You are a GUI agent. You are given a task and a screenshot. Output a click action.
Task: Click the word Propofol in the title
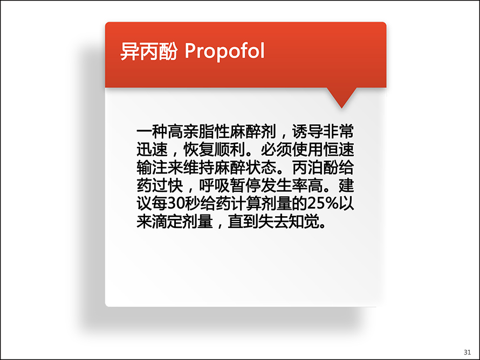pos(224,51)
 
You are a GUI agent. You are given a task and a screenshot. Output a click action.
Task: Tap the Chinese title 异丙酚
pos(149,51)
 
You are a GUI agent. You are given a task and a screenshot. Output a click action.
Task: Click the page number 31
pos(467,352)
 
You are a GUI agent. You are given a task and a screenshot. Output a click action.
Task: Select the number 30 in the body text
pos(175,203)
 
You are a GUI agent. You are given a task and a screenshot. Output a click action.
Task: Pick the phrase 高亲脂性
pos(198,131)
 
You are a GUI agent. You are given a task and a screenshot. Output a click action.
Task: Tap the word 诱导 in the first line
pos(307,131)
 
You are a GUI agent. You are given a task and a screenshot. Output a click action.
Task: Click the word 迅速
pos(152,150)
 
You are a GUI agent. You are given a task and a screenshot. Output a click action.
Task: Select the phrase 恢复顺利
pos(214,150)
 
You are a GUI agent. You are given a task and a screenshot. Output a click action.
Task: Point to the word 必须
pos(277,150)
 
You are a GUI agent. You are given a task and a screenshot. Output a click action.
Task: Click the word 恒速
pos(338,150)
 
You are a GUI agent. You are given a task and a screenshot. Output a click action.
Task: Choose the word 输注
pos(152,168)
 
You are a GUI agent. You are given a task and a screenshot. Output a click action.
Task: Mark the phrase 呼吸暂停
pos(230,185)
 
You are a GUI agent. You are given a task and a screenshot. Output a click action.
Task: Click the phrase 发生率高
pos(292,185)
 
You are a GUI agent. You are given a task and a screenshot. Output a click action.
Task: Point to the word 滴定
pos(168,221)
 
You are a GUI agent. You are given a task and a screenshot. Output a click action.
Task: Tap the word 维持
pos(198,168)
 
